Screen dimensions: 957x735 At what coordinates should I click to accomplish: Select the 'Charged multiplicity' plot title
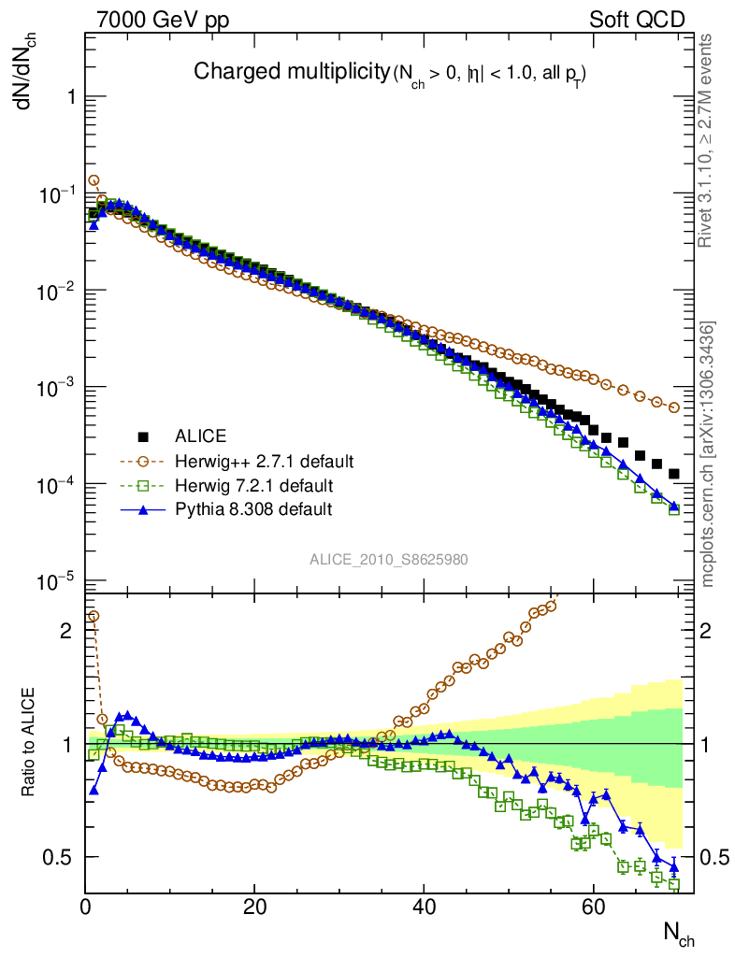click(290, 71)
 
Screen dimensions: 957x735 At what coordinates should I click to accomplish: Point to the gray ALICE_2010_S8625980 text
click(389, 559)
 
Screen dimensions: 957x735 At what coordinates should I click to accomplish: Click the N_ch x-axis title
click(679, 932)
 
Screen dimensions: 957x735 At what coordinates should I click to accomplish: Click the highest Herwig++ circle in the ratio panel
click(93, 616)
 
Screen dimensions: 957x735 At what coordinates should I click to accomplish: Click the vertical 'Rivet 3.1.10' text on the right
click(707, 140)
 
